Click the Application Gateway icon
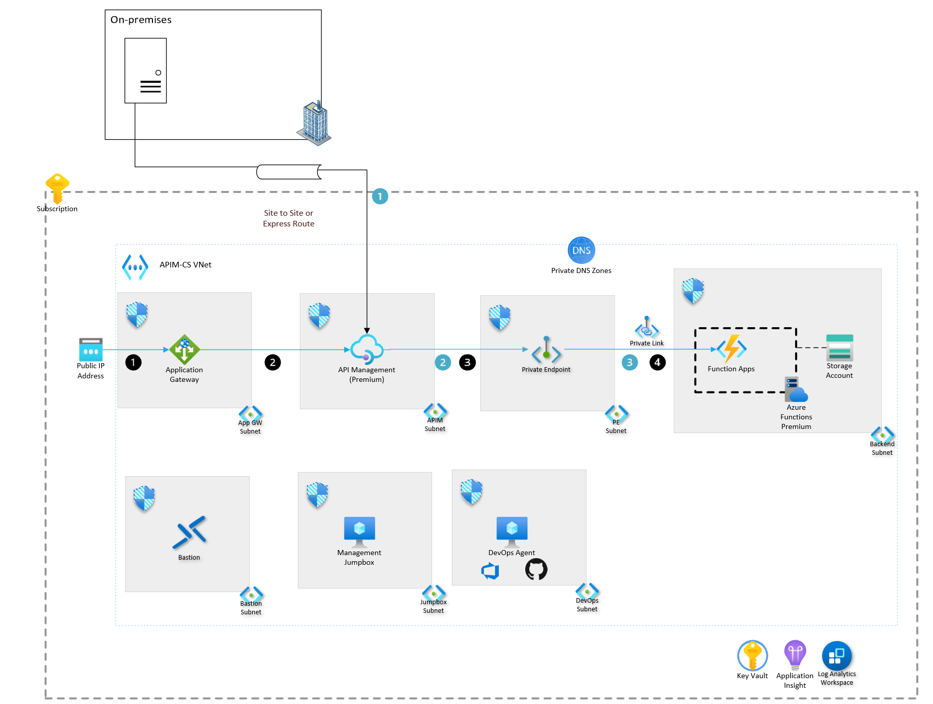pos(184,349)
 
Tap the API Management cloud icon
pos(367,349)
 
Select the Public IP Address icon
pos(91,349)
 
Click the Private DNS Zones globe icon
pos(581,250)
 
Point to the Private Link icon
pos(647,328)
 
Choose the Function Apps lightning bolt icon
pos(731,348)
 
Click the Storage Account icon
pos(839,347)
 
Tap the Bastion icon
pos(189,532)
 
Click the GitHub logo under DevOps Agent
pos(536,569)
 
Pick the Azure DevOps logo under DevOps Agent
pos(490,571)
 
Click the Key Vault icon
pos(752,655)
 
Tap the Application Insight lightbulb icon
pos(795,654)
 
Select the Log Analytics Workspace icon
pos(836,656)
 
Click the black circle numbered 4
pos(657,362)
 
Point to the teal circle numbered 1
pos(380,197)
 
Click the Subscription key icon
pos(57,188)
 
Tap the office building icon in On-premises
pos(315,124)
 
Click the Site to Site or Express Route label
pos(288,218)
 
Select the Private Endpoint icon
pos(546,349)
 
